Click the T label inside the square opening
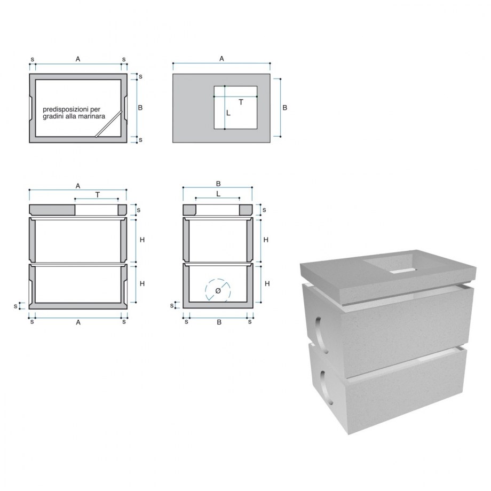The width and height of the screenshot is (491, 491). click(241, 102)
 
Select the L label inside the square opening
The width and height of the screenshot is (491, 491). click(228, 113)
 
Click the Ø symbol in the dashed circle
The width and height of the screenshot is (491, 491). click(218, 290)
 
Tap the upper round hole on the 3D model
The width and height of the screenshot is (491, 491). click(321, 335)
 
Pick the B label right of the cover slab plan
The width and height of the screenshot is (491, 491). click(284, 107)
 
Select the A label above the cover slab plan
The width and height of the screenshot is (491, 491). click(221, 59)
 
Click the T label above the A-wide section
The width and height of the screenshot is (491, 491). click(98, 195)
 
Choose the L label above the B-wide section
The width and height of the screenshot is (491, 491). click(218, 194)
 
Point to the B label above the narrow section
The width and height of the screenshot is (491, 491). click(218, 184)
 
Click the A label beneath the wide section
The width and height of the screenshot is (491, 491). click(78, 322)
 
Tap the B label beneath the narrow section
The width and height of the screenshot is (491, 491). click(219, 322)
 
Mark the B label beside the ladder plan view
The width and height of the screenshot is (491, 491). click(140, 107)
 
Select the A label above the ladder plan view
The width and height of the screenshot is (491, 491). click(78, 59)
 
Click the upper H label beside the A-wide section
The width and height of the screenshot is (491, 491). click(142, 240)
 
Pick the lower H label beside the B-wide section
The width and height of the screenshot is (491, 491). click(267, 284)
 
